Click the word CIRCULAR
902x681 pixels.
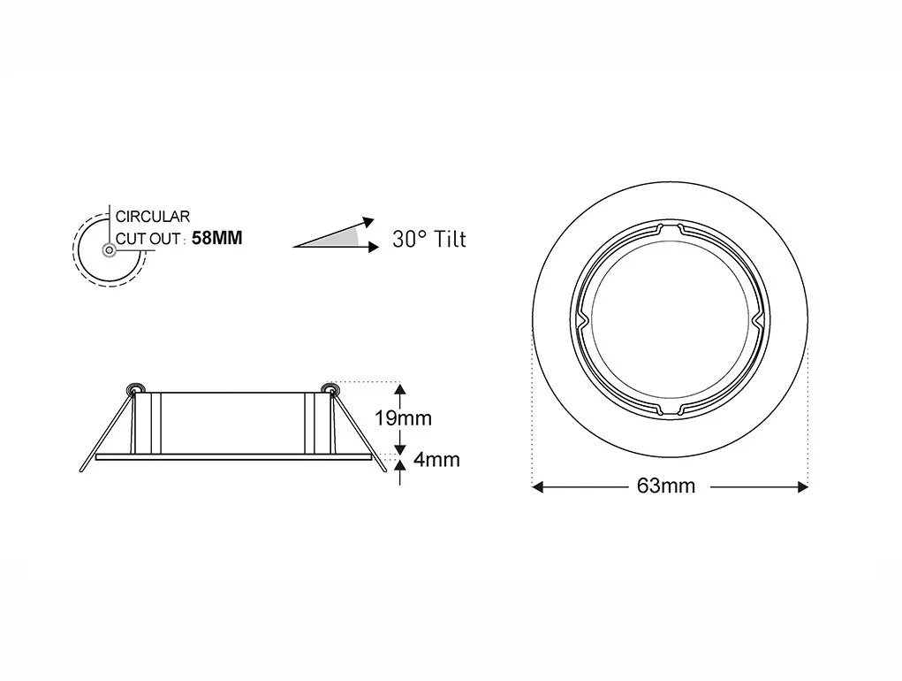(153, 216)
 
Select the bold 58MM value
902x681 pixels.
(216, 238)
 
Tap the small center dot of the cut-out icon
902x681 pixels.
(109, 250)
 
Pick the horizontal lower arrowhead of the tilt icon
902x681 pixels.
(370, 247)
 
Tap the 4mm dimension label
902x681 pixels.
(436, 460)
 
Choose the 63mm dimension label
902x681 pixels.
(665, 486)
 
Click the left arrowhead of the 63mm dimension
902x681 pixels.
(537, 486)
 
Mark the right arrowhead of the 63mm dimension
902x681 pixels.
(802, 486)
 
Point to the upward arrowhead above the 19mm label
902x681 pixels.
(401, 388)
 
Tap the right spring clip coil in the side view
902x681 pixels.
(330, 388)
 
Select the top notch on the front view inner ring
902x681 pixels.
(670, 227)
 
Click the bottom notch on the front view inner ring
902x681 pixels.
(670, 409)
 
